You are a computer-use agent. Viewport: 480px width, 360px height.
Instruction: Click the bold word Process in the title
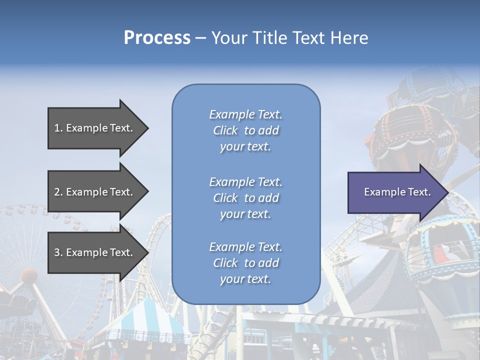[x=157, y=38]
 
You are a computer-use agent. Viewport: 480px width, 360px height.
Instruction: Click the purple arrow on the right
[x=395, y=192]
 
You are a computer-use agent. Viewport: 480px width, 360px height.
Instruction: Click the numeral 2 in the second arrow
[x=56, y=192]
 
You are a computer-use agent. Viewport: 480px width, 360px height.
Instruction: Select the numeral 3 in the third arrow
[x=56, y=252]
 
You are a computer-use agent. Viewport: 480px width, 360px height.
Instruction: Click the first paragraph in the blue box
[x=245, y=130]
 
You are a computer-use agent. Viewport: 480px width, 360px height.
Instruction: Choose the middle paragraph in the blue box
[x=245, y=198]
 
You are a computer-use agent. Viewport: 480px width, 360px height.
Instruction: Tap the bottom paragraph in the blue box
[x=245, y=263]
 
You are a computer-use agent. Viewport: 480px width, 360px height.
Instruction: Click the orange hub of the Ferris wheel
[x=29, y=276]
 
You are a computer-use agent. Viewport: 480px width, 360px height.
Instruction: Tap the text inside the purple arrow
[x=397, y=192]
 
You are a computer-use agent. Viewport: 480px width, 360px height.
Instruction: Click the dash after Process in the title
[x=201, y=38]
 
